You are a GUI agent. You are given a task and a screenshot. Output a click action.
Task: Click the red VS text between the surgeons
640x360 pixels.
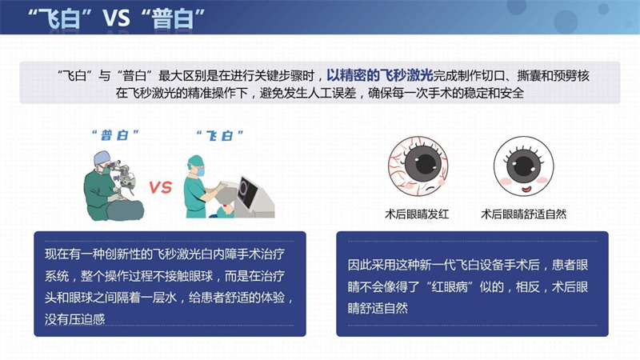(161, 188)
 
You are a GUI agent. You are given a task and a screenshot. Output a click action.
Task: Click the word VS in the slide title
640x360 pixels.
(116, 18)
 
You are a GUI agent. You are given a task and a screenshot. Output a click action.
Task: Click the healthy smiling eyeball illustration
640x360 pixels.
(525, 165)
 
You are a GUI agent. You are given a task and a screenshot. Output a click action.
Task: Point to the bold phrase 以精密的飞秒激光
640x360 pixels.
(379, 75)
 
